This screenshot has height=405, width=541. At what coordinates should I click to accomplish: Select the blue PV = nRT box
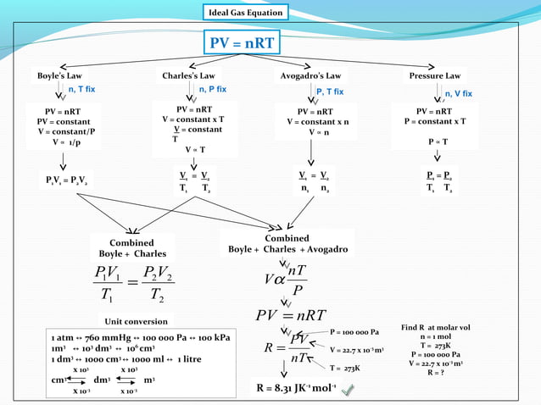point(243,42)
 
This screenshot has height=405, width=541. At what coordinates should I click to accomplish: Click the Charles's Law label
point(188,75)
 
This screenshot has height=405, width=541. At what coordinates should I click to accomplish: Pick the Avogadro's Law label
point(310,75)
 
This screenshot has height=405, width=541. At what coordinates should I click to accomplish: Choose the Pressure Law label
point(435,75)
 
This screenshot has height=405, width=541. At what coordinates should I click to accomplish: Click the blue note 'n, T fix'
point(86,88)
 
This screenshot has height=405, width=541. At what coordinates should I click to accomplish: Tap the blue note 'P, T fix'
point(329,91)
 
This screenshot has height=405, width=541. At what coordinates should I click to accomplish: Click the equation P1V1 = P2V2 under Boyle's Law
point(65,180)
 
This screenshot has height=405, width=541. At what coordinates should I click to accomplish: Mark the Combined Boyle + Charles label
point(132,248)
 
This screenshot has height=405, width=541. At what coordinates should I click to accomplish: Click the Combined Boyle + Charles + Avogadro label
point(287,243)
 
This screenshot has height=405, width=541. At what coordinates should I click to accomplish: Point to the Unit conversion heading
point(136,321)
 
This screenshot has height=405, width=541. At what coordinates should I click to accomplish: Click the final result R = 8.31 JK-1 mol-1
point(296,389)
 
